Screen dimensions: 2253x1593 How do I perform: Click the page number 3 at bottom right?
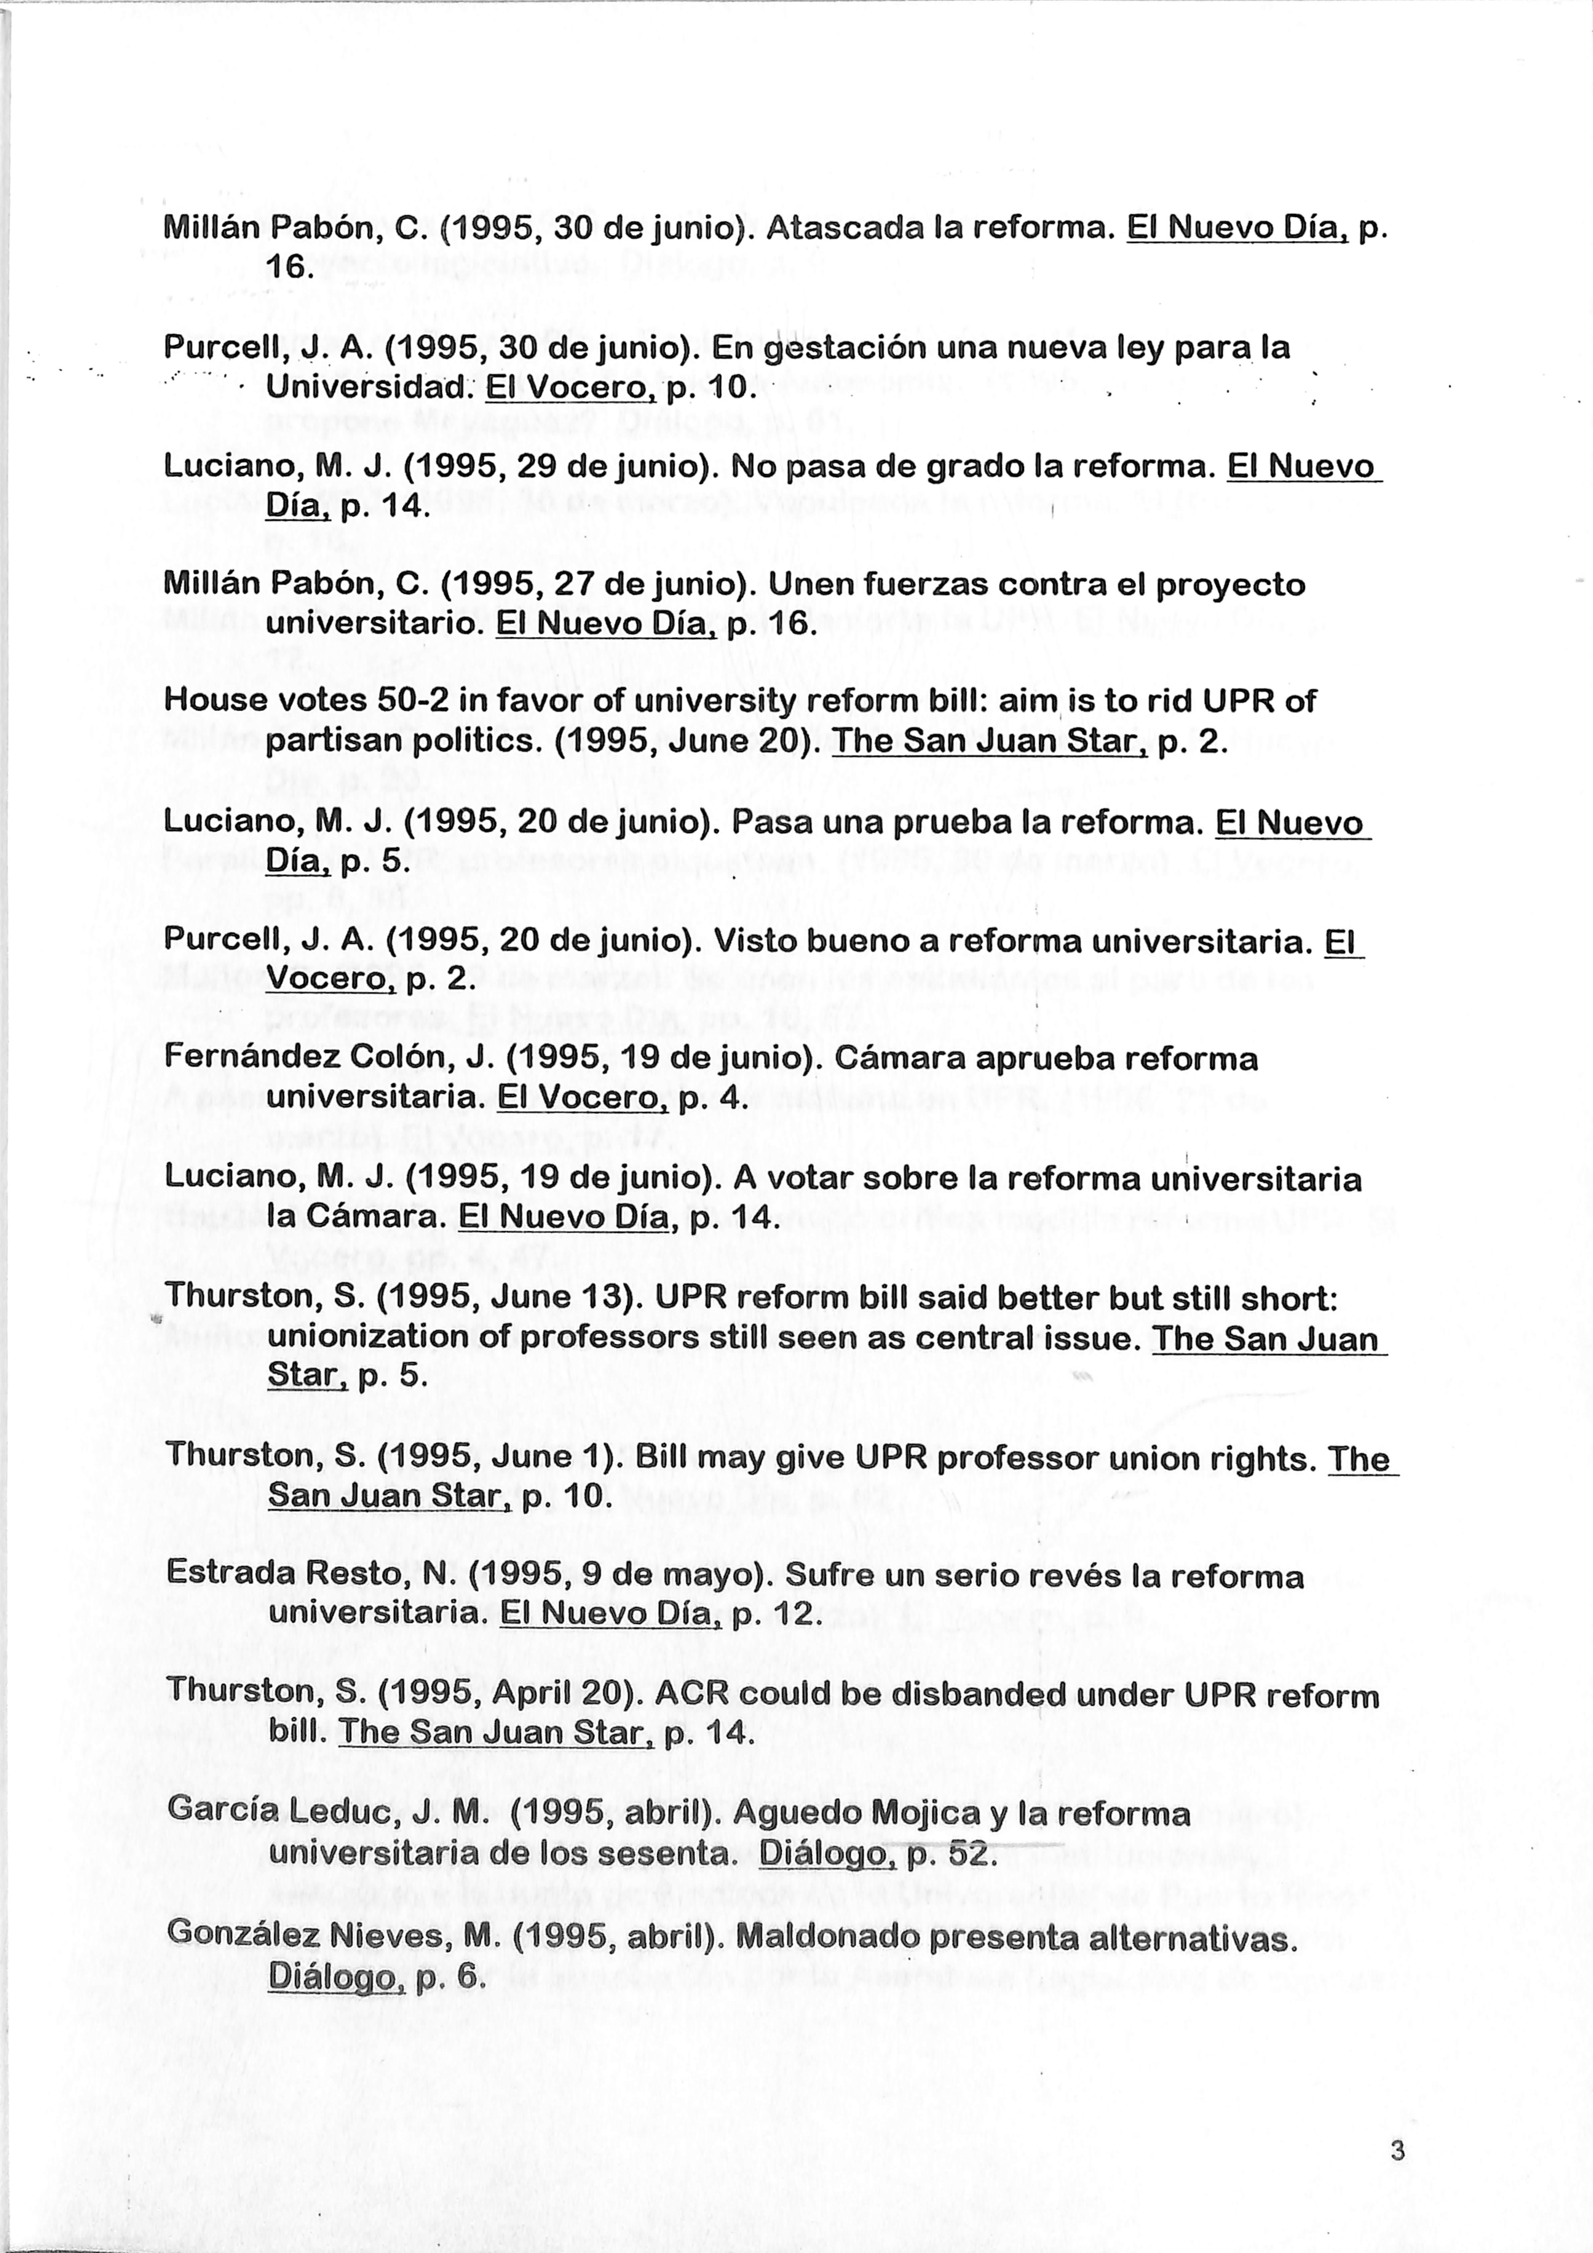click(x=1398, y=2152)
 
